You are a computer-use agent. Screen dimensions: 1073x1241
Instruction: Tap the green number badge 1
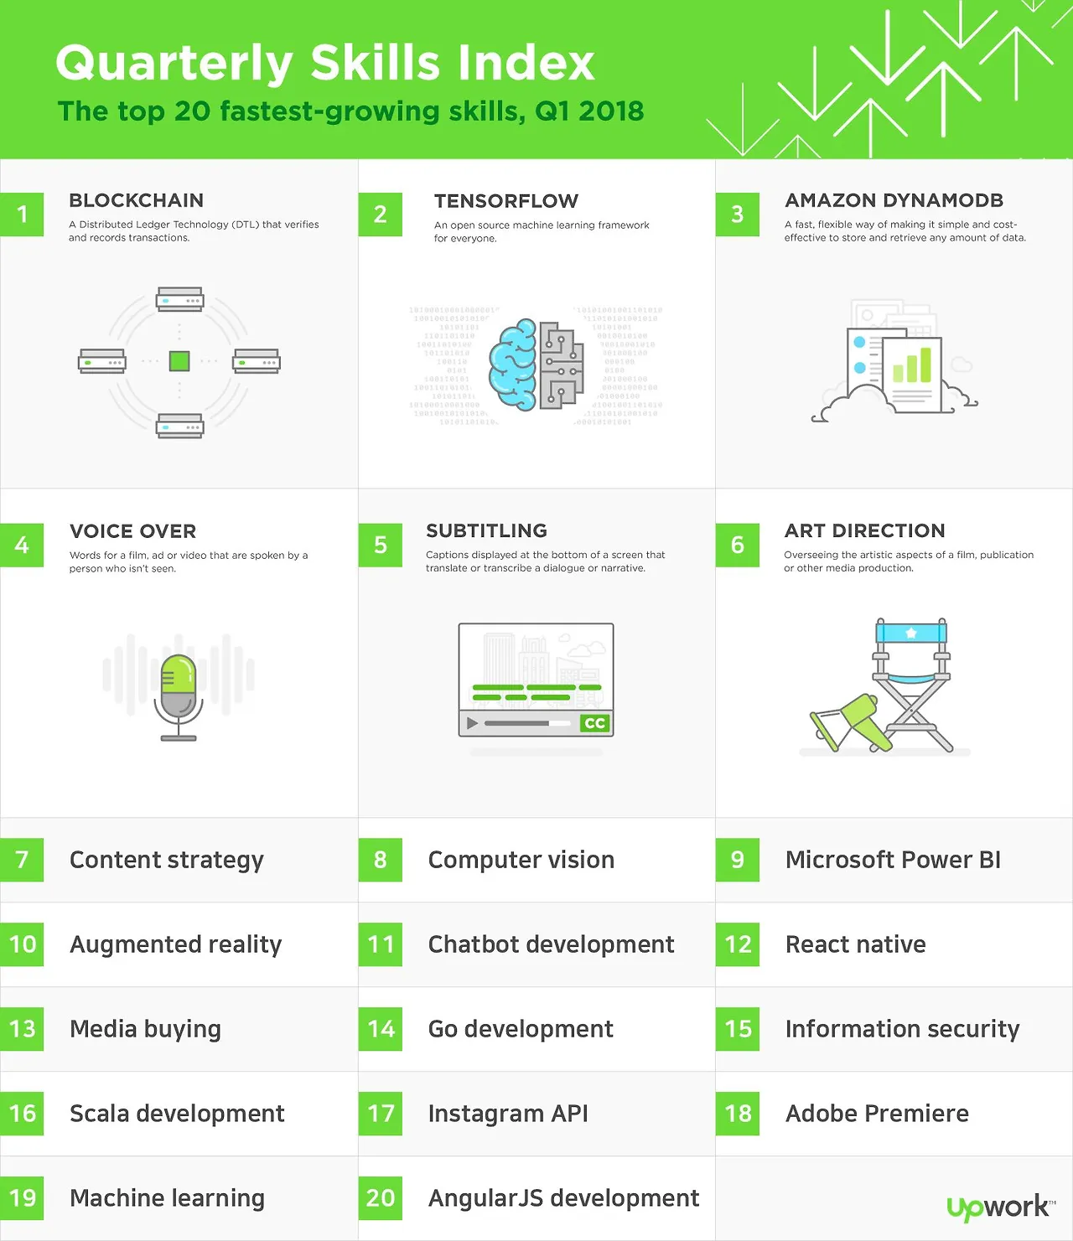pyautogui.click(x=22, y=215)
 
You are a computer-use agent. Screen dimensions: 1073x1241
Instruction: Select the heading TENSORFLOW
pyautogui.click(x=506, y=201)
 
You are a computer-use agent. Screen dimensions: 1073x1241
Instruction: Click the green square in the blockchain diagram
pyautogui.click(x=179, y=361)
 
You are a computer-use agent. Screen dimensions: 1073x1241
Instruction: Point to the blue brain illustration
pyautogui.click(x=512, y=365)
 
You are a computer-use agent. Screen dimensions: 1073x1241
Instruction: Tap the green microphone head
pyautogui.click(x=179, y=674)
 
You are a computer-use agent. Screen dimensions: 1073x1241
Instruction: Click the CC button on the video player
pyautogui.click(x=595, y=723)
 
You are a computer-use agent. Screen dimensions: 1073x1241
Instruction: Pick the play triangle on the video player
pyautogui.click(x=472, y=723)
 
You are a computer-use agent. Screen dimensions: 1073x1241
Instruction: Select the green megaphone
pyautogui.click(x=848, y=723)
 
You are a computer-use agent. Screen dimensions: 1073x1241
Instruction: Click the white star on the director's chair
pyautogui.click(x=910, y=633)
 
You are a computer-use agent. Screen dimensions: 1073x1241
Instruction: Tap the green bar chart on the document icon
pyautogui.click(x=912, y=365)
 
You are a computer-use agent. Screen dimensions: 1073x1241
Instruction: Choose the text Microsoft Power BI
pyautogui.click(x=893, y=860)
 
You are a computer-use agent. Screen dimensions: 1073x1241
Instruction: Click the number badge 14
pyautogui.click(x=381, y=1029)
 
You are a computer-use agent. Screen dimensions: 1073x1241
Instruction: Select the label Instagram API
pyautogui.click(x=508, y=1114)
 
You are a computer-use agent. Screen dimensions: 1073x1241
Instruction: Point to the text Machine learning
pyautogui.click(x=167, y=1199)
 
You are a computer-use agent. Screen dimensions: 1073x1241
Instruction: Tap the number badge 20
pyautogui.click(x=381, y=1198)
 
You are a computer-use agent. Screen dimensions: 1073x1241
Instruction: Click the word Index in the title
pyautogui.click(x=526, y=63)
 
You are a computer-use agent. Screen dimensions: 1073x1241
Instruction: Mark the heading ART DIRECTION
pyautogui.click(x=864, y=530)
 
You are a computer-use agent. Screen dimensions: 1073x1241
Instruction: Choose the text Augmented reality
pyautogui.click(x=175, y=945)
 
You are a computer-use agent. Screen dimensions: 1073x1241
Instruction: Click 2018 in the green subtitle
pyautogui.click(x=611, y=111)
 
